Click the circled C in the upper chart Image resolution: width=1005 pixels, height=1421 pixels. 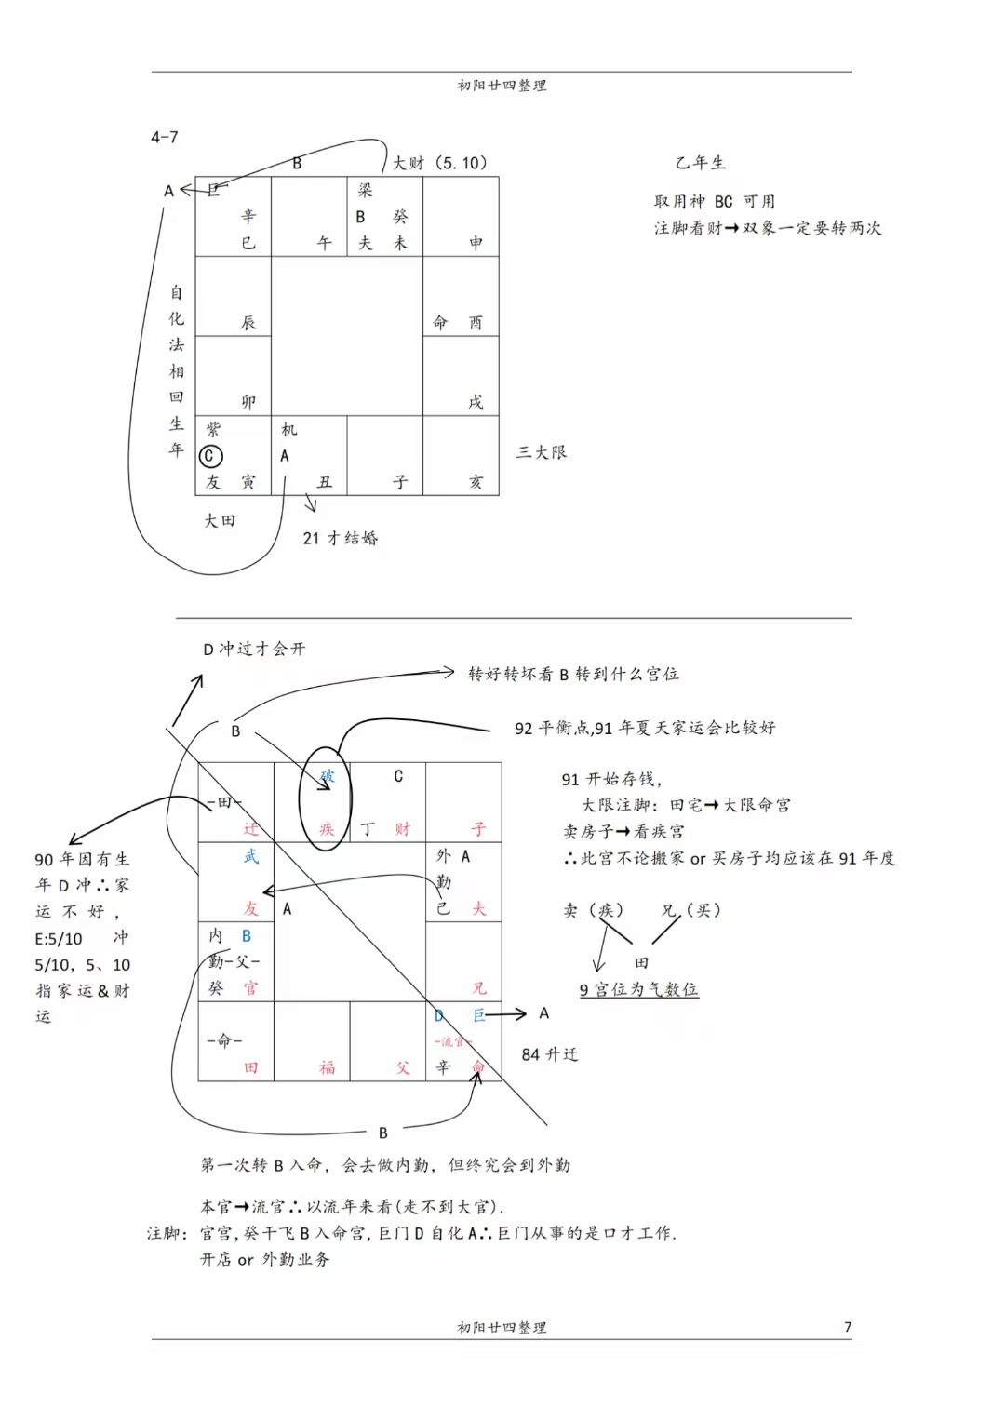(x=211, y=456)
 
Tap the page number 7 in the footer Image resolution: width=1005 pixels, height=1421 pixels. (x=847, y=1327)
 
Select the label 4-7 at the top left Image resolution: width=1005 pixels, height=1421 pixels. (x=165, y=137)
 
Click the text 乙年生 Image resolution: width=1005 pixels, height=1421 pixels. (x=701, y=163)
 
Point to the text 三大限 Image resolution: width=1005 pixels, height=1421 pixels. (x=542, y=452)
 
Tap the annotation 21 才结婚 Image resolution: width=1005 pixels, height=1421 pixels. (x=341, y=538)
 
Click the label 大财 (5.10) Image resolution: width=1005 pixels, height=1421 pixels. (x=439, y=163)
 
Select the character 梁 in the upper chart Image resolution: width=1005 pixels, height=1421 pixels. (x=365, y=190)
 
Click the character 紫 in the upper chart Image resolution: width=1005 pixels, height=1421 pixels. (x=213, y=429)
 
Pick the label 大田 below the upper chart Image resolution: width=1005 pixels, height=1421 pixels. (x=220, y=521)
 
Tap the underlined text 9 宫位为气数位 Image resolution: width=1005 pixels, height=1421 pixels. (x=638, y=989)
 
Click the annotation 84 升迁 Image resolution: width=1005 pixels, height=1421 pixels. (x=550, y=1054)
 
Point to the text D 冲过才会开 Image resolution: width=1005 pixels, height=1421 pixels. (x=254, y=649)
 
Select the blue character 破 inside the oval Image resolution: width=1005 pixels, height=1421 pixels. (x=327, y=776)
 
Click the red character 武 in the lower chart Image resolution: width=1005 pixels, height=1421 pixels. (x=250, y=856)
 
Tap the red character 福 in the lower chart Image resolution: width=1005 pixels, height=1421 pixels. (x=327, y=1067)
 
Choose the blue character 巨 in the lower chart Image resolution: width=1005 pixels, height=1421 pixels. (x=479, y=1015)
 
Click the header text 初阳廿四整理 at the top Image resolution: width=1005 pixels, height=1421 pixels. (x=502, y=86)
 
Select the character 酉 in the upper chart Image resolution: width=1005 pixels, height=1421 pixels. (x=476, y=323)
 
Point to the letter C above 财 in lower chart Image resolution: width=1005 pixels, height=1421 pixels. (x=398, y=776)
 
